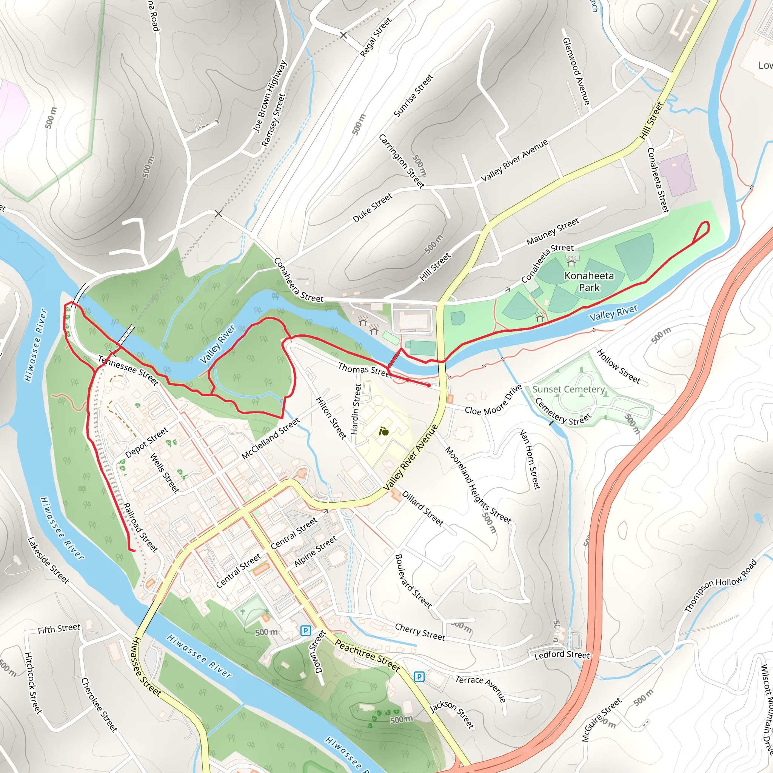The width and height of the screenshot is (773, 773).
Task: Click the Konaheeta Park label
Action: click(x=589, y=281)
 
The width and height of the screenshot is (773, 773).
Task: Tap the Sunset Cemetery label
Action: click(x=568, y=389)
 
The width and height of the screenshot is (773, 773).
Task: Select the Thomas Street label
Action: click(x=365, y=370)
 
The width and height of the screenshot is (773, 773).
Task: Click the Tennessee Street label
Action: click(x=128, y=371)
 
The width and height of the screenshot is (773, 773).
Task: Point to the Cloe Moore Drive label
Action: click(x=493, y=401)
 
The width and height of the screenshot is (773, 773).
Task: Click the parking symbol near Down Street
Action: click(x=305, y=631)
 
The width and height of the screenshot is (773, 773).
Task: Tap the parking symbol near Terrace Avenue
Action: click(x=419, y=677)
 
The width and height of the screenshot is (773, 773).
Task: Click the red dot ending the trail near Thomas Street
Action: click(x=429, y=385)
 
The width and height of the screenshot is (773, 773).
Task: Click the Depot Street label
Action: click(x=146, y=443)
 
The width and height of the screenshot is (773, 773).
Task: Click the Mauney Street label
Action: click(x=553, y=232)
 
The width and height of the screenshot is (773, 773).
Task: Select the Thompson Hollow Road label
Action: click(x=721, y=585)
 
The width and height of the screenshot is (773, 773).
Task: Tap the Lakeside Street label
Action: click(x=48, y=560)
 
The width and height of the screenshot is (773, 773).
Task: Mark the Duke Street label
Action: click(x=373, y=208)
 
